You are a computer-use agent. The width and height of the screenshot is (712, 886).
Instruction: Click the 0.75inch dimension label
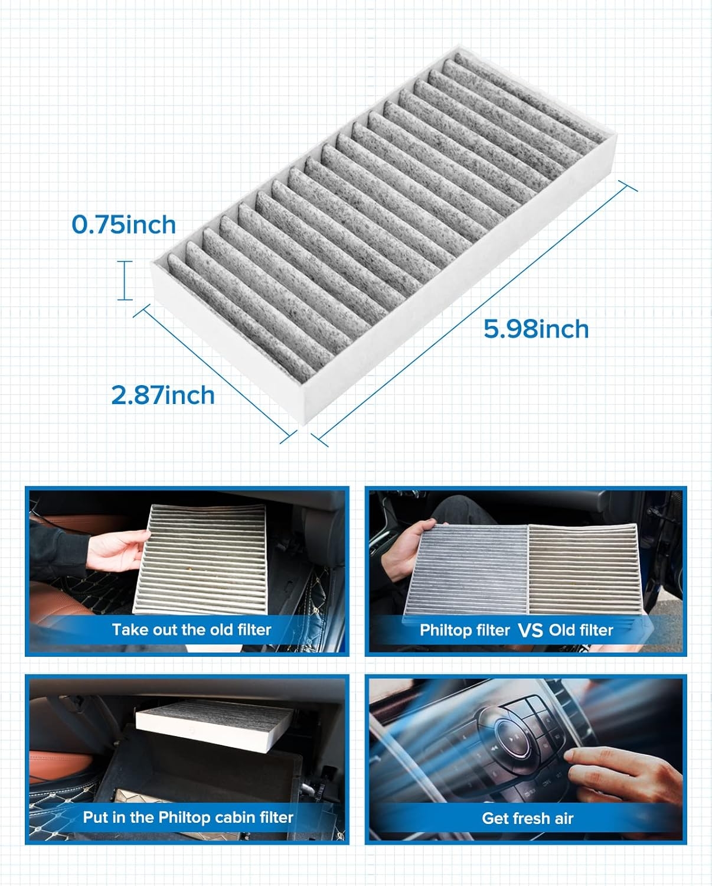(x=123, y=225)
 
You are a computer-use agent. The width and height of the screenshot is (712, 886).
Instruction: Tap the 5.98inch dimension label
(x=536, y=329)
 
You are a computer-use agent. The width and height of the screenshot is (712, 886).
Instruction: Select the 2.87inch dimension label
(x=163, y=395)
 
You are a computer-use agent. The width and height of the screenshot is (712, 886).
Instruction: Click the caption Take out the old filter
(x=191, y=630)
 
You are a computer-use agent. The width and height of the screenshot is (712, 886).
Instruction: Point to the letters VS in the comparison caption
(x=530, y=631)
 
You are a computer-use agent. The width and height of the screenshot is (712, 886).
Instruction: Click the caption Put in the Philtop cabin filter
(x=188, y=817)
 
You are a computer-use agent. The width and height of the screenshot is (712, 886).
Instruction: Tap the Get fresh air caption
(x=527, y=818)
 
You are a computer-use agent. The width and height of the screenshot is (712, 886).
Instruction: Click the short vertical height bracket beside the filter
(x=125, y=281)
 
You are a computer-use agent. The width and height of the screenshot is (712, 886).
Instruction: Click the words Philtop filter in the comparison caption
(x=464, y=631)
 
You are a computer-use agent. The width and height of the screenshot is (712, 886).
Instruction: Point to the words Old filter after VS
(x=581, y=631)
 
